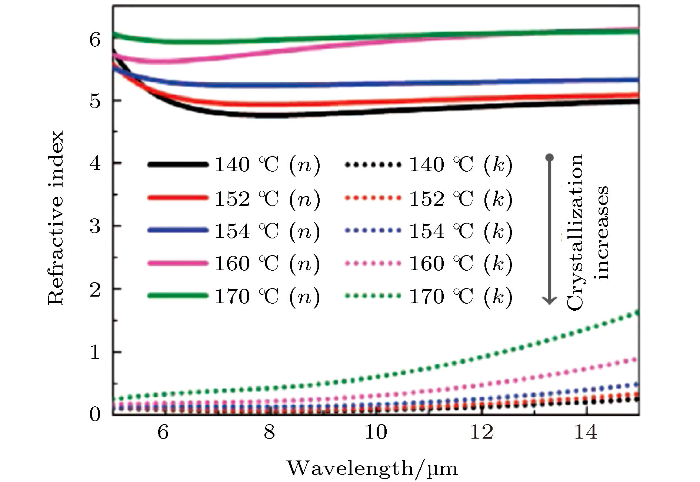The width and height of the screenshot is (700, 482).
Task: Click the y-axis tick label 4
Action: (95, 163)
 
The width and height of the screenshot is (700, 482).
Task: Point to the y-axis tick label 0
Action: (95, 414)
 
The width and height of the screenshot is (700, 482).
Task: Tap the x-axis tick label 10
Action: (376, 432)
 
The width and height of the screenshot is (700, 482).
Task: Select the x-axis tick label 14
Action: (586, 432)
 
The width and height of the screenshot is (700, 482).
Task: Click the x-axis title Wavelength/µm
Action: (372, 468)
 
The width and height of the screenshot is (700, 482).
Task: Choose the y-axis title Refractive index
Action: (56, 218)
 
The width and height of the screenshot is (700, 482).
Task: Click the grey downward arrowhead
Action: (550, 300)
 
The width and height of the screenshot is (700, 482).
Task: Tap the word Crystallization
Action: (575, 232)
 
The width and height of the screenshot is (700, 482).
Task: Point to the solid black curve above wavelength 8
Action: (269, 115)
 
